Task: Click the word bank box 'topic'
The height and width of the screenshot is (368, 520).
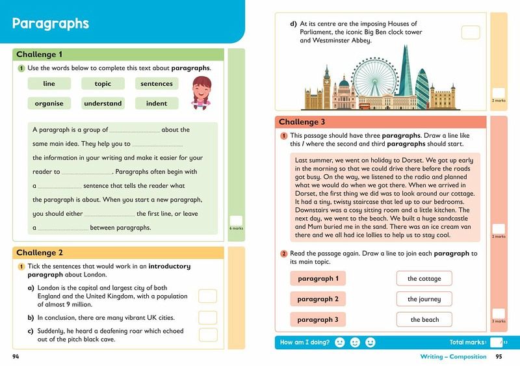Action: (x=103, y=83)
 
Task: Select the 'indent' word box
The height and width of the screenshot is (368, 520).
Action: (x=157, y=103)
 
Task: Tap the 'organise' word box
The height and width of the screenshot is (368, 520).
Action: (x=49, y=103)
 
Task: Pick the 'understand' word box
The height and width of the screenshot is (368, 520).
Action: (x=103, y=103)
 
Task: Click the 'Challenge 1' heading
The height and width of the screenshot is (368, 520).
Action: (x=40, y=55)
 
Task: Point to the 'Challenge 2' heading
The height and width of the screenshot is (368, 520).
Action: (x=40, y=252)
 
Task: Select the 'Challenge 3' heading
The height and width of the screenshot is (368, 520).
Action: (x=302, y=122)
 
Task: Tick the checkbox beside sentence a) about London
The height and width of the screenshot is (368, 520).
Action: (x=207, y=296)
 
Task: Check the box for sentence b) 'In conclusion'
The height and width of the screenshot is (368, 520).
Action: (x=207, y=317)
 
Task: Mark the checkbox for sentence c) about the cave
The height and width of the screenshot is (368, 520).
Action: (x=207, y=334)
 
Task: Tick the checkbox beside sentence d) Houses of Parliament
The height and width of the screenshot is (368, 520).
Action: (x=470, y=33)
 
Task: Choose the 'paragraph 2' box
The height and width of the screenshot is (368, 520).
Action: (x=318, y=299)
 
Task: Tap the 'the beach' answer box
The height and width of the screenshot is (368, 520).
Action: (x=424, y=319)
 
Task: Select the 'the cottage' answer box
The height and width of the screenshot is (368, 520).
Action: (x=424, y=278)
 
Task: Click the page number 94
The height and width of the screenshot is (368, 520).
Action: (x=16, y=356)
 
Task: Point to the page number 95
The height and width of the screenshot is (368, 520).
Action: (x=499, y=356)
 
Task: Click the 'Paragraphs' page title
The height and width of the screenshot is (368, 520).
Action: (x=51, y=24)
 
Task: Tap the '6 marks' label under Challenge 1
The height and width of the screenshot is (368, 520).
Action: (x=235, y=229)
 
